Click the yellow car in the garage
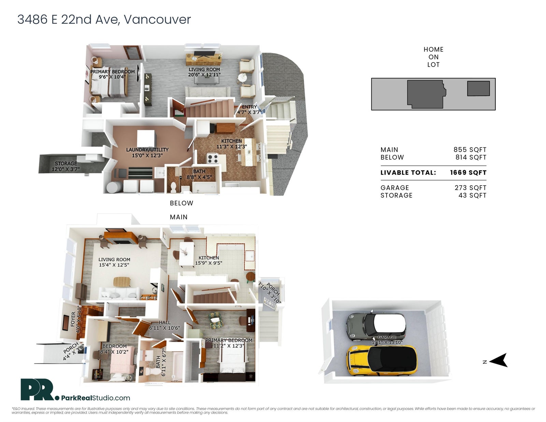click(x=382, y=361)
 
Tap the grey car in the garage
click(x=376, y=326)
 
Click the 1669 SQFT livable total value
click(x=468, y=173)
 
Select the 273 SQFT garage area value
click(x=470, y=188)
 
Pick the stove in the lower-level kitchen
click(x=213, y=159)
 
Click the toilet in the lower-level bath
click(x=173, y=187)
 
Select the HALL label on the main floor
click(x=164, y=322)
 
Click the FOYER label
click(x=73, y=319)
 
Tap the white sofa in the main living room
click(x=119, y=293)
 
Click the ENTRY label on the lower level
click(x=249, y=107)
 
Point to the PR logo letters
click(x=38, y=389)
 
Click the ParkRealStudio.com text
click(x=96, y=398)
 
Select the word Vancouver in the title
click(x=157, y=19)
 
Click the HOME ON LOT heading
click(x=433, y=57)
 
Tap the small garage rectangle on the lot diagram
click(x=478, y=88)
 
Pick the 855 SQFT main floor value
click(x=470, y=150)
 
